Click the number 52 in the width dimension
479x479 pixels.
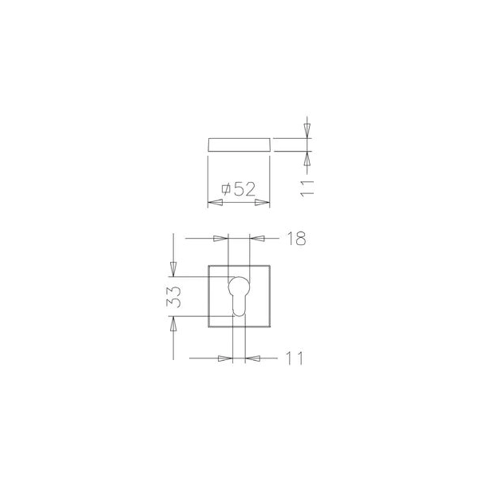pyautogui.click(x=244, y=189)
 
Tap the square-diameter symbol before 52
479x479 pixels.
pyautogui.click(x=226, y=189)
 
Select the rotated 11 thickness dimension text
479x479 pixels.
pyautogui.click(x=307, y=188)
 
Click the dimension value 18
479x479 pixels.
pyautogui.click(x=296, y=239)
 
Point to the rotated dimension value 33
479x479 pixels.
pyautogui.click(x=173, y=297)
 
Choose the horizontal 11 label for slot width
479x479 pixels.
pyautogui.click(x=294, y=358)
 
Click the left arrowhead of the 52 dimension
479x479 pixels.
pyautogui.click(x=215, y=203)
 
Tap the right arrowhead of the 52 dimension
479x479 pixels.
pyautogui.click(x=263, y=203)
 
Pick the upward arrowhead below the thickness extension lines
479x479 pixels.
pyautogui.click(x=307, y=159)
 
